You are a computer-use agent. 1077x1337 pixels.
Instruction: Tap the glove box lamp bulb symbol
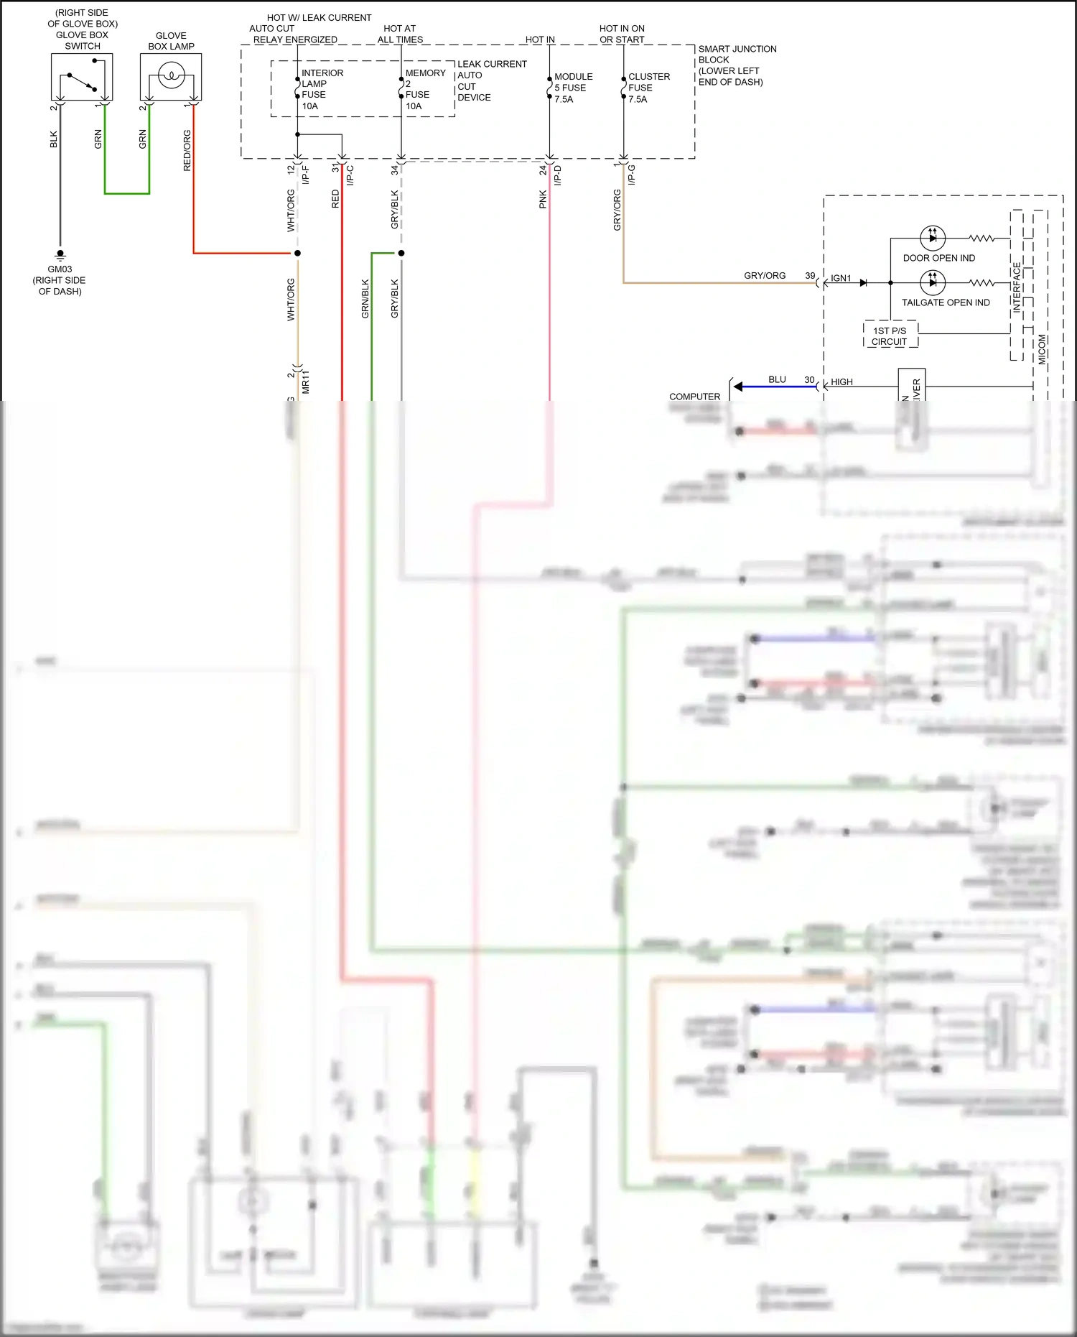tap(171, 75)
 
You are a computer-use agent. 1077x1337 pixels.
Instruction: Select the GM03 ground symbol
tap(60, 254)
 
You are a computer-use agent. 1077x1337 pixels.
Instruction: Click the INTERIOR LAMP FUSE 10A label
tap(322, 89)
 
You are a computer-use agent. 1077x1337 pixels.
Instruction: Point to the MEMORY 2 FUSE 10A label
tap(424, 89)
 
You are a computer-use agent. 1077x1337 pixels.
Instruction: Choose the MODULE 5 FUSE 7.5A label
tap(573, 88)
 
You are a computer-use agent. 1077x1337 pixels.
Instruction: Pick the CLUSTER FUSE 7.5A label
tap(648, 88)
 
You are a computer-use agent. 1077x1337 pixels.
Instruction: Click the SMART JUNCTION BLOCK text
tap(737, 65)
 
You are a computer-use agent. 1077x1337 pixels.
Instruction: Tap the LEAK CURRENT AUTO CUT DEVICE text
tap(491, 80)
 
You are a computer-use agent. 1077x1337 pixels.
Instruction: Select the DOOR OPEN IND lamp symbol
tap(932, 238)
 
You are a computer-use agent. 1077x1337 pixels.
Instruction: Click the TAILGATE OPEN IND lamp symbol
tap(932, 282)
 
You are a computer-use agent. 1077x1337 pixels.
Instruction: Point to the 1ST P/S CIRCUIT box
tap(890, 336)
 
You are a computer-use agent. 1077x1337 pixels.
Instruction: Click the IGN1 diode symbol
tap(863, 283)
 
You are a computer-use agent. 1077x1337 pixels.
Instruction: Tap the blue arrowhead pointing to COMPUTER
tap(738, 387)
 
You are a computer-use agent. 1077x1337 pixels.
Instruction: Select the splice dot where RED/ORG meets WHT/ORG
tap(297, 253)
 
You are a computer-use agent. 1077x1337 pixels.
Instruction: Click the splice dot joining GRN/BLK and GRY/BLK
tap(401, 253)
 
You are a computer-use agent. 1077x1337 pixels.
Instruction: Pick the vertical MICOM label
tap(1042, 349)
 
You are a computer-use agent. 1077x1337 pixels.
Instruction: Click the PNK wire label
tap(543, 199)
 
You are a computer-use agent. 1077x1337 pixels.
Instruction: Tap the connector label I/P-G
tap(632, 175)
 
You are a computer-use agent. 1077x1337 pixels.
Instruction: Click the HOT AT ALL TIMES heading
tap(400, 34)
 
